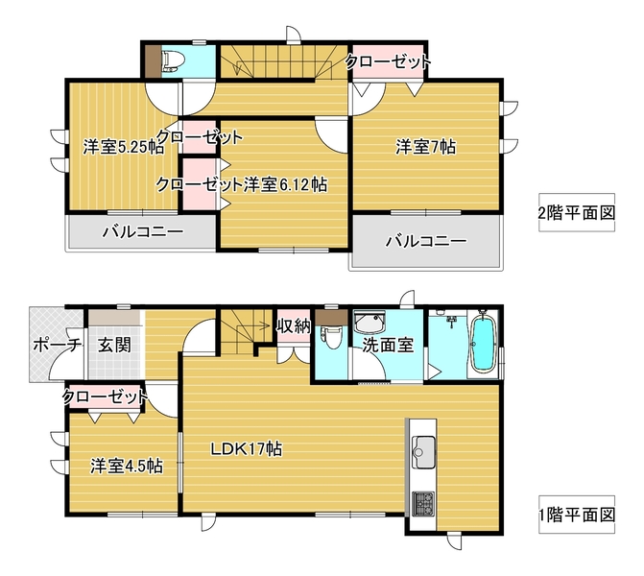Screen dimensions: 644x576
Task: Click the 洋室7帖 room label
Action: tap(425, 147)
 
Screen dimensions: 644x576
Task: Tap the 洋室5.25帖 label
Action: tap(124, 147)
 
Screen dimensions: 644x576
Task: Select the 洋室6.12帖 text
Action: tap(285, 185)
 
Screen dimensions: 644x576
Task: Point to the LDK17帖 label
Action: tap(246, 449)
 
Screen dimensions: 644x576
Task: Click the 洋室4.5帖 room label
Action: tap(127, 466)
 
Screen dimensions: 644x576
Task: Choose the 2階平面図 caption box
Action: tap(577, 212)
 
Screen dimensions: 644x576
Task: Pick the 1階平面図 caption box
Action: tap(577, 515)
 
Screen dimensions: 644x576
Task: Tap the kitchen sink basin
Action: tap(423, 452)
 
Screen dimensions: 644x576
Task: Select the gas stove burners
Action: tap(423, 503)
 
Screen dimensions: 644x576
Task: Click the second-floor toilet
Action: tap(173, 60)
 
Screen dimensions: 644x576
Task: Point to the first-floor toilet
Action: tap(330, 336)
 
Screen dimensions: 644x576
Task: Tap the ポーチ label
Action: tap(57, 345)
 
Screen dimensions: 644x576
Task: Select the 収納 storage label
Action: tap(294, 326)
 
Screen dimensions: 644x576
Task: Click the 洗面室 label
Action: tap(388, 345)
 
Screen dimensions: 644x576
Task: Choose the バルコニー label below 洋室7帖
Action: tap(426, 240)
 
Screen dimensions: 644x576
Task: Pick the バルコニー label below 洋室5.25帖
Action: tap(143, 232)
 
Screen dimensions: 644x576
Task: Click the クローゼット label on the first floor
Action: tap(105, 396)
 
